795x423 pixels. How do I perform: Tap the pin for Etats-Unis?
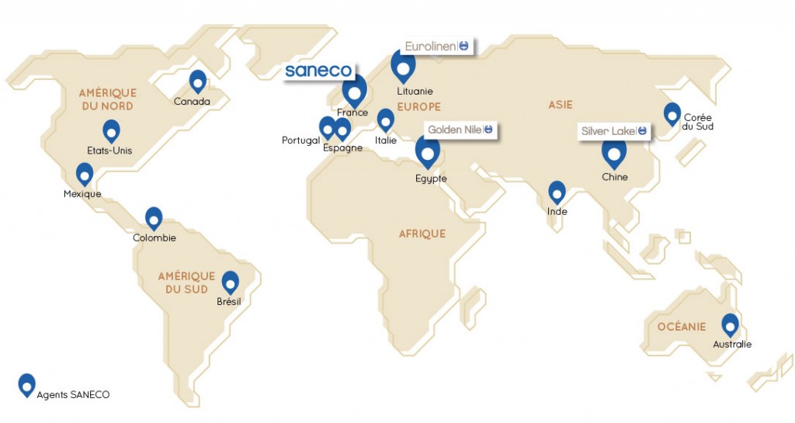tap(112, 131)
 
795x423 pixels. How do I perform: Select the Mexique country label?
tap(82, 194)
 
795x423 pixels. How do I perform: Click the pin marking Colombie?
tap(154, 219)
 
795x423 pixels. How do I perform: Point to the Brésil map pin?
tap(230, 283)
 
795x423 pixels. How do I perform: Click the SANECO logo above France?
tap(319, 71)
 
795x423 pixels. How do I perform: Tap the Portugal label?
tap(301, 140)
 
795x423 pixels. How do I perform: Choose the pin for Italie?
tap(385, 120)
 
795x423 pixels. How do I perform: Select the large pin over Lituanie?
tap(403, 68)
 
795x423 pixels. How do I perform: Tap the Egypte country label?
tap(431, 179)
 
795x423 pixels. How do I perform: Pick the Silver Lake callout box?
tap(614, 131)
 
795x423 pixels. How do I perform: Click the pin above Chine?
tap(614, 154)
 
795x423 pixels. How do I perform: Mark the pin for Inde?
tap(557, 192)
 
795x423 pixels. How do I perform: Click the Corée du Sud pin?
tap(672, 114)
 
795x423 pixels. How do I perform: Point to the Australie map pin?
tap(730, 325)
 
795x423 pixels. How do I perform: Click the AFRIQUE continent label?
tap(422, 234)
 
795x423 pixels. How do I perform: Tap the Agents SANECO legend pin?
tap(27, 384)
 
